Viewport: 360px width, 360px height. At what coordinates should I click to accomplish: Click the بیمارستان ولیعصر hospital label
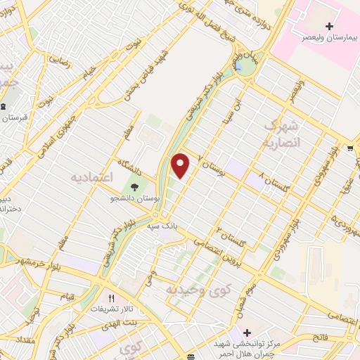click(328, 39)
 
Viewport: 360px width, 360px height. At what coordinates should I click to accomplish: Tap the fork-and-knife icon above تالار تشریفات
click(110, 297)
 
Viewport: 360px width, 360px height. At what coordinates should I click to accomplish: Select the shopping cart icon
click(349, 148)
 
